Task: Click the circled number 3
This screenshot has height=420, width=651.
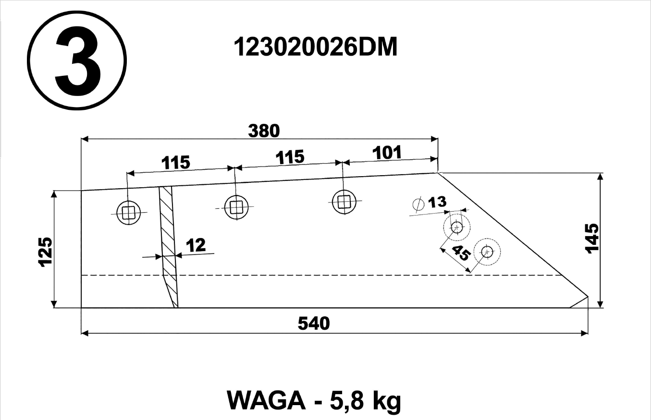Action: pos(77,60)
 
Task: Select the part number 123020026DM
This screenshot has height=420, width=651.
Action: pos(315,47)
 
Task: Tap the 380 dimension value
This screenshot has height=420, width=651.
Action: pos(264,131)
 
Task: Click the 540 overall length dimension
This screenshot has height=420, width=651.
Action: pos(314,324)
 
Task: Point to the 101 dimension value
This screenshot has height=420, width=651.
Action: pos(387,153)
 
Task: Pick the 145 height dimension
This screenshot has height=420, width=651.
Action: pos(592,239)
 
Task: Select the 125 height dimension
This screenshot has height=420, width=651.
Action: pos(45,252)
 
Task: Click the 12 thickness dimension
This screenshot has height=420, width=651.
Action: pos(196,245)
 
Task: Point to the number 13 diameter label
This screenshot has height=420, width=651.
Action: pos(437,202)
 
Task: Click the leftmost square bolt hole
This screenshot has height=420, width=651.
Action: pos(128,213)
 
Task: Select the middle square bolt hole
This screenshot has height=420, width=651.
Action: pos(236,207)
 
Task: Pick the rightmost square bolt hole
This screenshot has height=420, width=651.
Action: pos(344,202)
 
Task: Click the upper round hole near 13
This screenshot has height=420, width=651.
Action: pos(457,227)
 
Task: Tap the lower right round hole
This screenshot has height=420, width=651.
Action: pos(487,252)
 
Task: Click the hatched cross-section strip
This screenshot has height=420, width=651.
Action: pos(169,247)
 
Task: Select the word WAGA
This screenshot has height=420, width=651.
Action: pos(266,401)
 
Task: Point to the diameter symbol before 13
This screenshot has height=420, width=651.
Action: pos(418,204)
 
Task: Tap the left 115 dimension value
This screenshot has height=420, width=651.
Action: pos(175,162)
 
